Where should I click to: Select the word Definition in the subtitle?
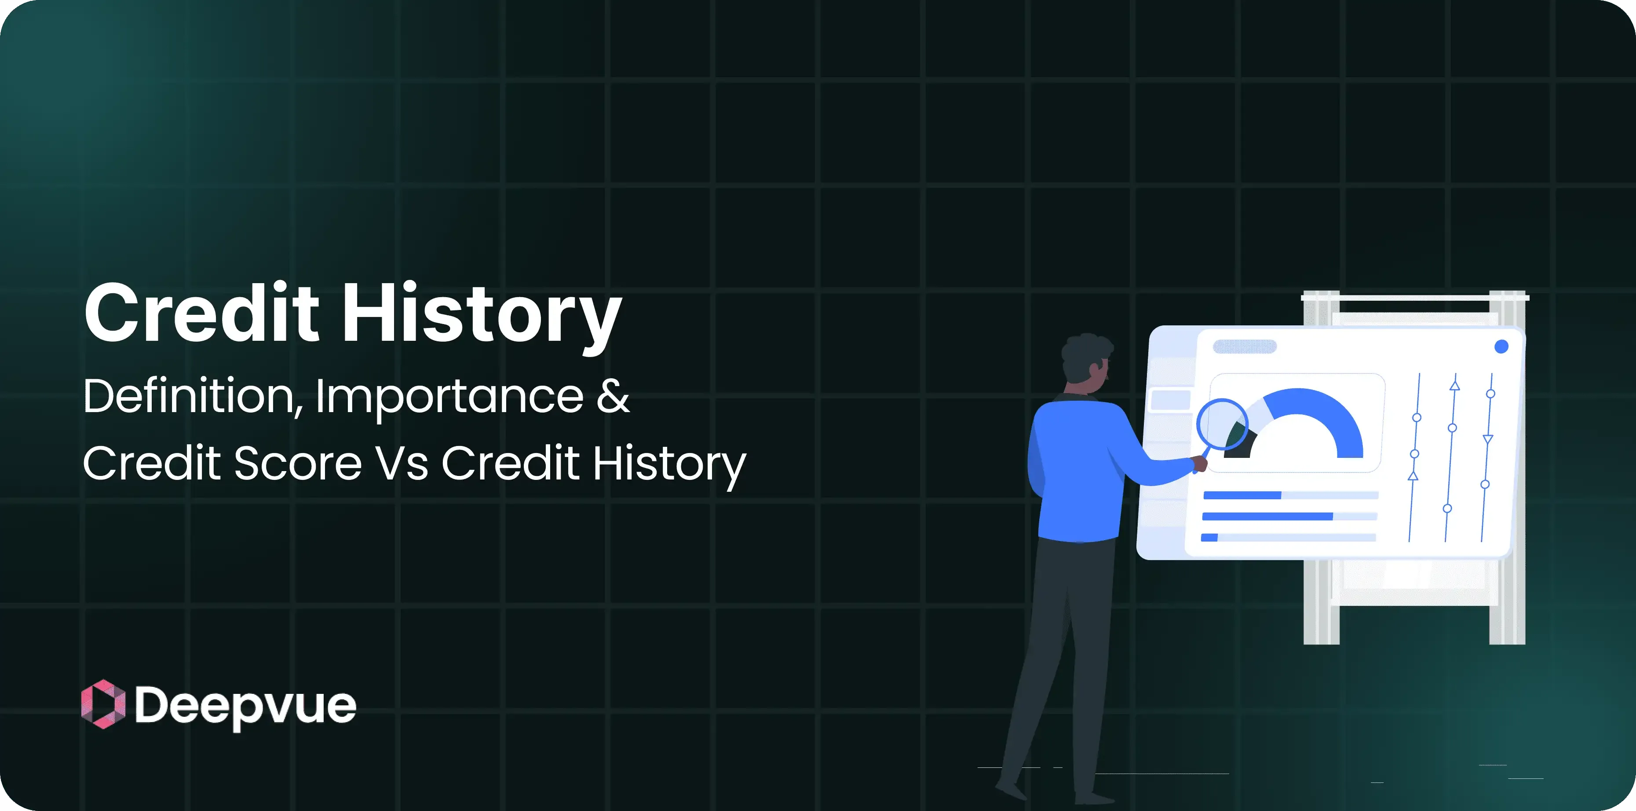(188, 395)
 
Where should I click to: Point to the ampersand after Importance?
(613, 395)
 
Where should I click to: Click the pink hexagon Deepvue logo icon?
(103, 704)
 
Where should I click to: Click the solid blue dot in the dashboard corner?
(1501, 347)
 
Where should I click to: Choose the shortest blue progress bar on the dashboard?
(1209, 538)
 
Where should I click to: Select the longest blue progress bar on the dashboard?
(1267, 516)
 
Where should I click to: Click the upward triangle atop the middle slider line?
(1454, 385)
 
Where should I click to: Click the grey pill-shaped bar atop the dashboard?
(1244, 347)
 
